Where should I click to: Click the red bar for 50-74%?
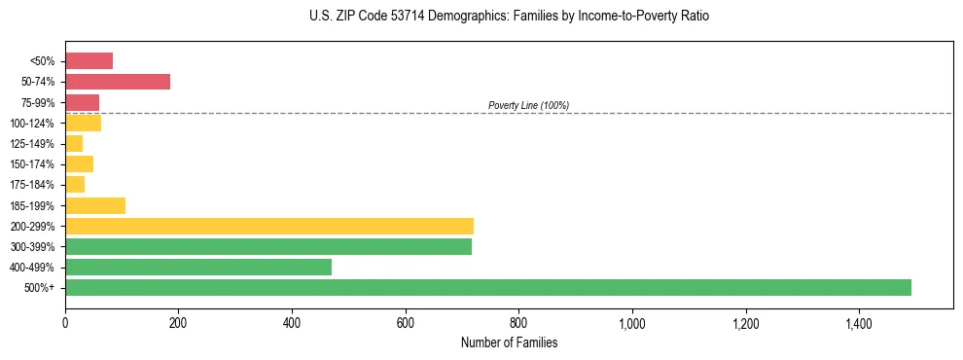click(x=118, y=82)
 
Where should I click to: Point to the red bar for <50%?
click(x=89, y=61)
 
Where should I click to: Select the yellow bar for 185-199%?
click(x=95, y=205)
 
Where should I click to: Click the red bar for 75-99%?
click(x=82, y=102)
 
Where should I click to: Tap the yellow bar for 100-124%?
click(x=83, y=123)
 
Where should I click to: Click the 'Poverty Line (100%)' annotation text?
click(x=528, y=105)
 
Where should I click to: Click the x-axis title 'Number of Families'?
click(x=510, y=342)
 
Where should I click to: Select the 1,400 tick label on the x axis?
click(x=859, y=322)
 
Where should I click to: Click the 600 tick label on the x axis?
click(x=406, y=322)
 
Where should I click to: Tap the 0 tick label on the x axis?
click(x=65, y=322)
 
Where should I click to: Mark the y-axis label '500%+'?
click(x=41, y=288)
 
